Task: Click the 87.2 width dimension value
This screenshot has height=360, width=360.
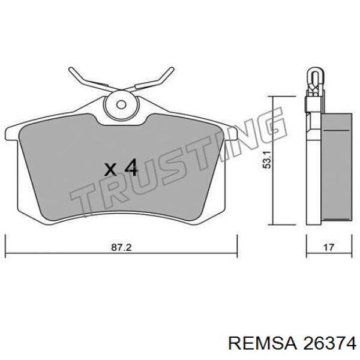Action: (121, 247)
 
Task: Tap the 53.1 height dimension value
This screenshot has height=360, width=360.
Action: (268, 160)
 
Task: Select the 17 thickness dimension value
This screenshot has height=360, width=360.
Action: (329, 247)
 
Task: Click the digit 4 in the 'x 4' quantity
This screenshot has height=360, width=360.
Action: (131, 168)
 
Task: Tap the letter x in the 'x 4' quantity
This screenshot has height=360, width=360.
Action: (110, 170)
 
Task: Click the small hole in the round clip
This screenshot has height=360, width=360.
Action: (121, 105)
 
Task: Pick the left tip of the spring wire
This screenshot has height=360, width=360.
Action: (70, 69)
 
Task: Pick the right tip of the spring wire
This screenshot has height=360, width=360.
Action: (172, 69)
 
